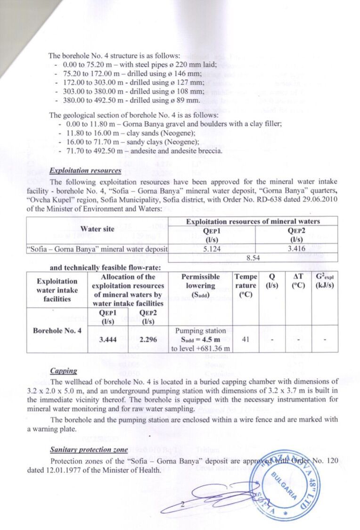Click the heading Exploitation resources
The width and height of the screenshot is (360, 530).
point(85,171)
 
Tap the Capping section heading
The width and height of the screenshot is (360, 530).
point(63,371)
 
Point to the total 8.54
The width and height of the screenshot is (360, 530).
point(255,258)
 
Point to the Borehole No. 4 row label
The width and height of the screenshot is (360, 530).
point(58,330)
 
